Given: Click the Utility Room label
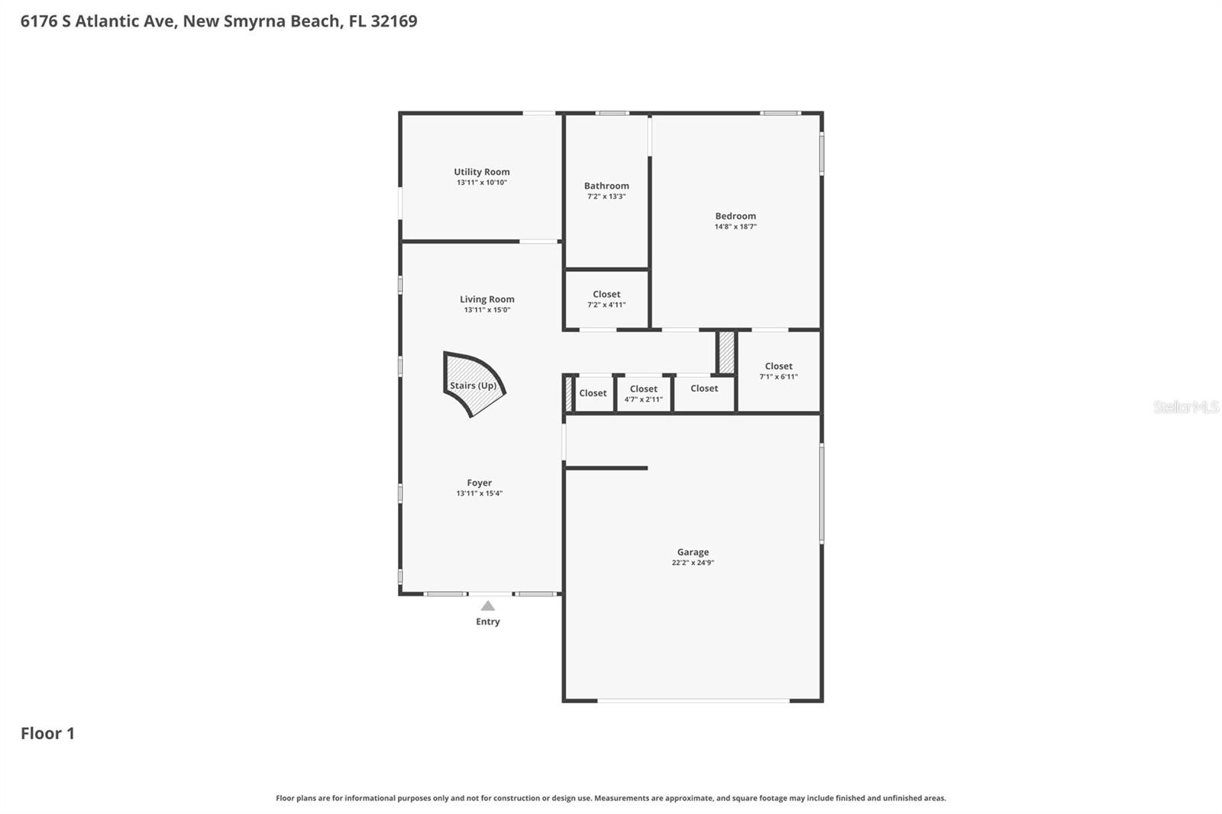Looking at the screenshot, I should tap(481, 172).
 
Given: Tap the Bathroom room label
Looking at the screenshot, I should tap(606, 186).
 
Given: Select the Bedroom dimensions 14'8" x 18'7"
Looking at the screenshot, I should tap(735, 227).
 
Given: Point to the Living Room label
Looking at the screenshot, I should tap(487, 299).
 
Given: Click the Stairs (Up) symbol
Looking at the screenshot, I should tap(474, 385).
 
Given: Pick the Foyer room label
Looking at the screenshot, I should tap(479, 483).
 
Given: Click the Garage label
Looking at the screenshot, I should tap(693, 552).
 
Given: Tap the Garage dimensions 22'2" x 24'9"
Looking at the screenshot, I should tap(693, 563).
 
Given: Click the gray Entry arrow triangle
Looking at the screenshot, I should tap(487, 606).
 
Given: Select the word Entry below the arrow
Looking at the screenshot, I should tap(487, 622).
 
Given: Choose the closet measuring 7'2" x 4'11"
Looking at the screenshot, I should tap(606, 299).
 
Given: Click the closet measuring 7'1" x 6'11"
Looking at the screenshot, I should tap(778, 371).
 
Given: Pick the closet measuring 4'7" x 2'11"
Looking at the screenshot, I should tap(643, 393).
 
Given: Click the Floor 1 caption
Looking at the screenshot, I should tap(47, 733).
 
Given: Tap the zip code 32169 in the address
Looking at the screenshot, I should tap(393, 21).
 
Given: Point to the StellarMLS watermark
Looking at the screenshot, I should tap(1185, 407).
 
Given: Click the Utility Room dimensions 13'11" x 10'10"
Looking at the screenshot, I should tap(481, 183).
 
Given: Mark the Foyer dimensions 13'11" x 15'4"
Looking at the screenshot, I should tap(479, 493).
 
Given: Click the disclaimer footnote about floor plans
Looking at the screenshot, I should tap(610, 798).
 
